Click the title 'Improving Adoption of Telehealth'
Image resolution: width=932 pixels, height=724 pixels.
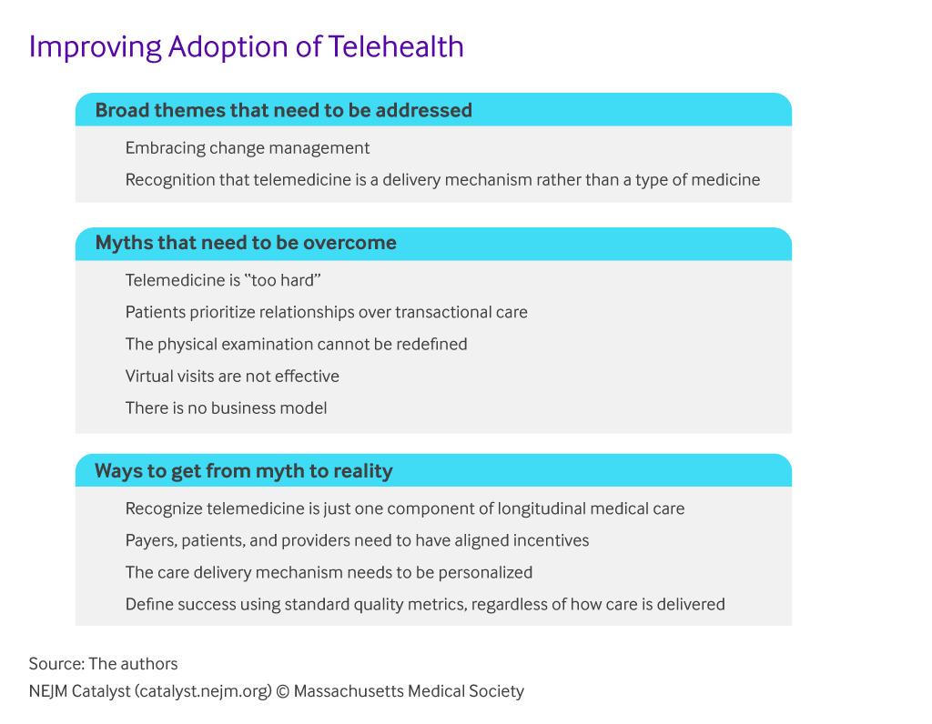point(246,47)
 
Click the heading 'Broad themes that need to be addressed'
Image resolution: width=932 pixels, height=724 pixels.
point(284,110)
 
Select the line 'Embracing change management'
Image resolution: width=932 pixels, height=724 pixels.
point(248,148)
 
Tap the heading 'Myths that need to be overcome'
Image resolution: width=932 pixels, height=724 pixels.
point(246,243)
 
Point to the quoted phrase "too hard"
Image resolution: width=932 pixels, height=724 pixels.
point(282,280)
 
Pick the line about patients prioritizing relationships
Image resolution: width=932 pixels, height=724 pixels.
point(327,312)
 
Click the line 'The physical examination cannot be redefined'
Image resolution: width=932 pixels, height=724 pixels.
point(296,345)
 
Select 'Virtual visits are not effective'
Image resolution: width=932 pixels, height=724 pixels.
point(232,376)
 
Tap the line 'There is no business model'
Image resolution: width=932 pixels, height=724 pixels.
point(226,408)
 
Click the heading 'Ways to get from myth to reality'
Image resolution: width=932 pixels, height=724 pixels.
point(244,471)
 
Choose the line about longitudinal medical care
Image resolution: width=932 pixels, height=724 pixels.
point(405,509)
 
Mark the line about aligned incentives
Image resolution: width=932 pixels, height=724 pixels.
point(357,541)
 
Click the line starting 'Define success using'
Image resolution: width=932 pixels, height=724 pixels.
point(425,605)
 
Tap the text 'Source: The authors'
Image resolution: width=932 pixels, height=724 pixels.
point(103,664)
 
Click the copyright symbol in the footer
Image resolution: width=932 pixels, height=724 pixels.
point(283,692)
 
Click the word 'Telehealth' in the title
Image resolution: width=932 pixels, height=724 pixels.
point(396,47)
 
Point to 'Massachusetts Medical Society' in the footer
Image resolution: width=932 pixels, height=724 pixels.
point(409,691)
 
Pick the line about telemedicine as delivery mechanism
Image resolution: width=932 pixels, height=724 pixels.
point(443,180)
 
